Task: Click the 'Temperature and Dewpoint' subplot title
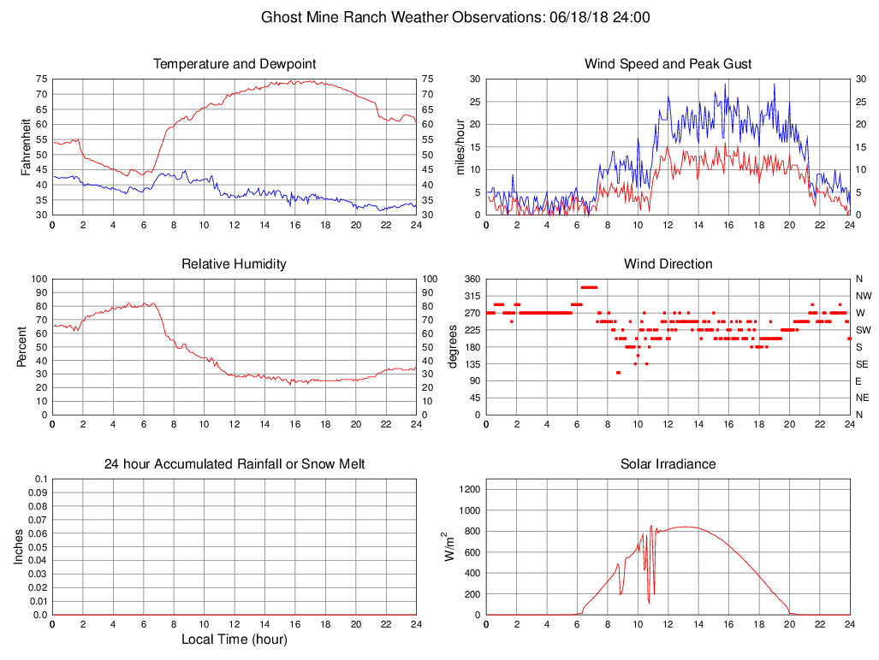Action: pyautogui.click(x=235, y=64)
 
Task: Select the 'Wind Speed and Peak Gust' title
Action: pyautogui.click(x=668, y=64)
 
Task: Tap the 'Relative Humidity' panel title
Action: pyautogui.click(x=234, y=264)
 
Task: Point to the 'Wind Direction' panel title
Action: pyautogui.click(x=668, y=264)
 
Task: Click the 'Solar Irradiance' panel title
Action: pyautogui.click(x=668, y=464)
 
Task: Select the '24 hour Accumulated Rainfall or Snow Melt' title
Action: pyautogui.click(x=235, y=464)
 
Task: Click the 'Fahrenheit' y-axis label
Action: pyautogui.click(x=26, y=146)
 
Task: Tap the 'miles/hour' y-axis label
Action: pyautogui.click(x=460, y=146)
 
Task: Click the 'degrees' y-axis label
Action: pyautogui.click(x=454, y=346)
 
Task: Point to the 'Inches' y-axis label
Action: pyautogui.click(x=19, y=546)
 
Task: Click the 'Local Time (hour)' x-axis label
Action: pyautogui.click(x=235, y=639)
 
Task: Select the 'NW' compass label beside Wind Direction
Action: pyautogui.click(x=863, y=296)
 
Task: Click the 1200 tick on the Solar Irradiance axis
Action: pyautogui.click(x=469, y=490)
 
